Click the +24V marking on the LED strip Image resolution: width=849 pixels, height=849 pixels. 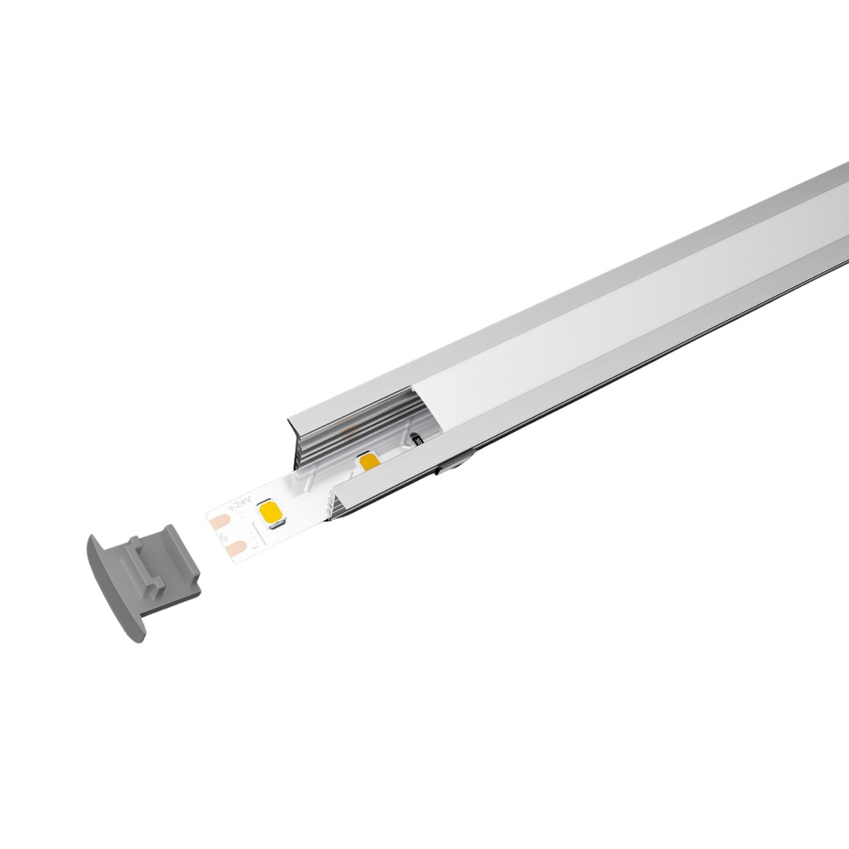tap(239, 505)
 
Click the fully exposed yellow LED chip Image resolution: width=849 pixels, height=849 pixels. tap(272, 514)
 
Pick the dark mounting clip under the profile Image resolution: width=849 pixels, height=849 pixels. tap(452, 469)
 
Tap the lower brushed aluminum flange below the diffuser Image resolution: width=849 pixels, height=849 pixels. tap(622, 365)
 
